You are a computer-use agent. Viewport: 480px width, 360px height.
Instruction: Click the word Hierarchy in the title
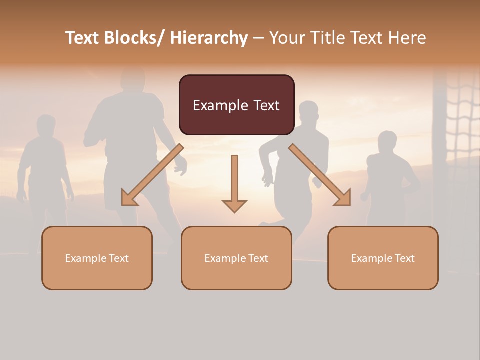(208, 38)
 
